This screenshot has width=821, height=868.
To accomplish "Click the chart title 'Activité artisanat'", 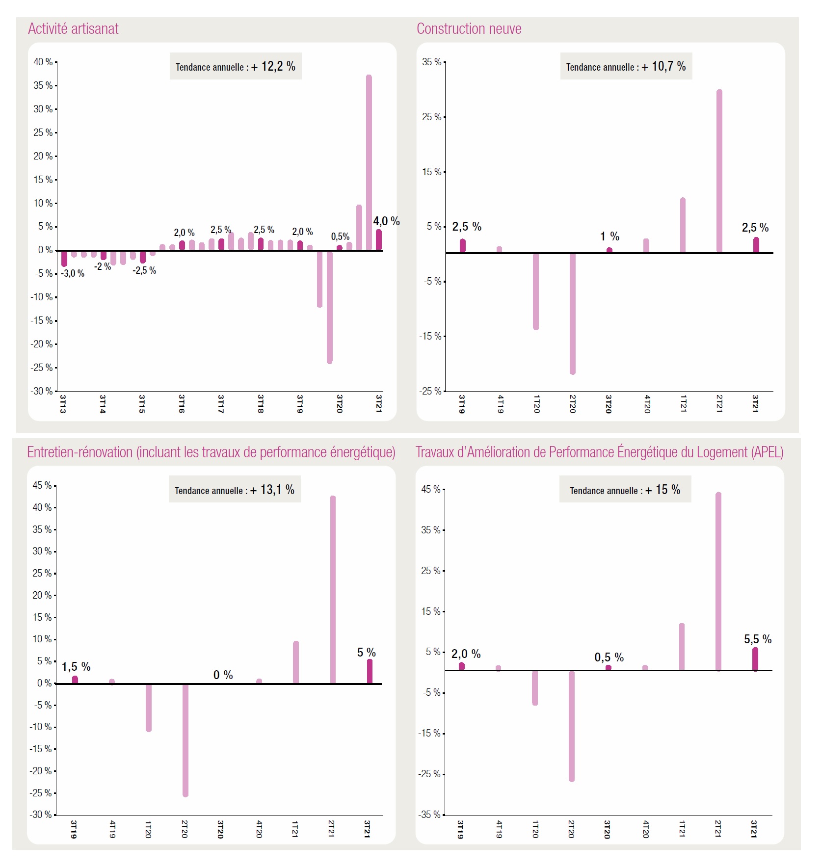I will click(x=73, y=29).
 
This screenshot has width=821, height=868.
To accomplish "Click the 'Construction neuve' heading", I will click(x=469, y=29).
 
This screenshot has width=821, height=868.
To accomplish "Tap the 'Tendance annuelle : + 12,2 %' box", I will click(x=236, y=66).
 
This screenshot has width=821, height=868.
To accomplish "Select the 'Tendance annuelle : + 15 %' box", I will click(x=625, y=489).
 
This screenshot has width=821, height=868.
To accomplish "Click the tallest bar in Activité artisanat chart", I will click(x=369, y=162).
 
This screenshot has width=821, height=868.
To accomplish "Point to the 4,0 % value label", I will click(x=386, y=221).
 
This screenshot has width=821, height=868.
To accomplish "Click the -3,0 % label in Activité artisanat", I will click(x=73, y=274).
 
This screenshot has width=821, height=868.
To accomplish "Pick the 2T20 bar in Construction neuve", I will click(x=573, y=314).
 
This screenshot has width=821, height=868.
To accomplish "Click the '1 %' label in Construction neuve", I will click(x=609, y=237).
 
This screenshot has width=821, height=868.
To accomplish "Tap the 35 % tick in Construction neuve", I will click(x=431, y=62).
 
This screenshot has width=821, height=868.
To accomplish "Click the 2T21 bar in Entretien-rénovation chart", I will click(x=333, y=589).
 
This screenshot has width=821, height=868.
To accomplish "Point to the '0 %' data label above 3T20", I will click(x=223, y=675).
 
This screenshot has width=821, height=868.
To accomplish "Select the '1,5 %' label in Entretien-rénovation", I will click(x=76, y=667).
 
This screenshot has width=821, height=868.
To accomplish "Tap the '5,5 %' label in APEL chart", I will click(x=758, y=639).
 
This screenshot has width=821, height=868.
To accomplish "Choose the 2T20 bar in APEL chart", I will click(x=572, y=726).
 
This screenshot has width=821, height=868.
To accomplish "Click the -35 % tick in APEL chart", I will click(x=430, y=815).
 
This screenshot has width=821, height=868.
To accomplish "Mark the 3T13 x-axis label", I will click(x=63, y=403).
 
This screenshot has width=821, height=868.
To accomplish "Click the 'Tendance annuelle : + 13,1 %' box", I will click(x=235, y=489).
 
